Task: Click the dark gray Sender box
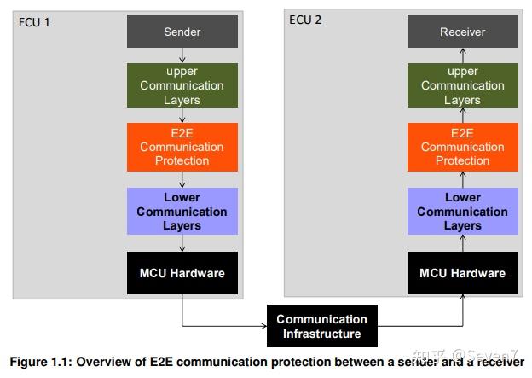tap(182, 32)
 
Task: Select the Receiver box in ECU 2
tap(462, 32)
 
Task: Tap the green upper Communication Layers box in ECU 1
tap(182, 85)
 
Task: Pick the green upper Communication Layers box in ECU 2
tap(462, 85)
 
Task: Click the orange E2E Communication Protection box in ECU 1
tap(182, 147)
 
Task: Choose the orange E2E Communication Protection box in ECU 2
tap(462, 147)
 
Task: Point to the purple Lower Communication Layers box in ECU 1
tap(182, 211)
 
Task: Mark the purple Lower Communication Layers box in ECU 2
tap(462, 211)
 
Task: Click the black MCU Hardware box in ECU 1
tap(182, 273)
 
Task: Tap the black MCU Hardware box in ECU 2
tap(462, 273)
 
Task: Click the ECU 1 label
tap(35, 21)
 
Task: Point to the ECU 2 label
tap(305, 20)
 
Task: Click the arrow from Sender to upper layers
tap(182, 55)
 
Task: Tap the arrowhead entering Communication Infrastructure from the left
tap(262, 326)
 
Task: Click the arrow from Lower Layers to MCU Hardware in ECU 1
tap(182, 243)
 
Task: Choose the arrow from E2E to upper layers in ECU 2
tap(462, 115)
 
